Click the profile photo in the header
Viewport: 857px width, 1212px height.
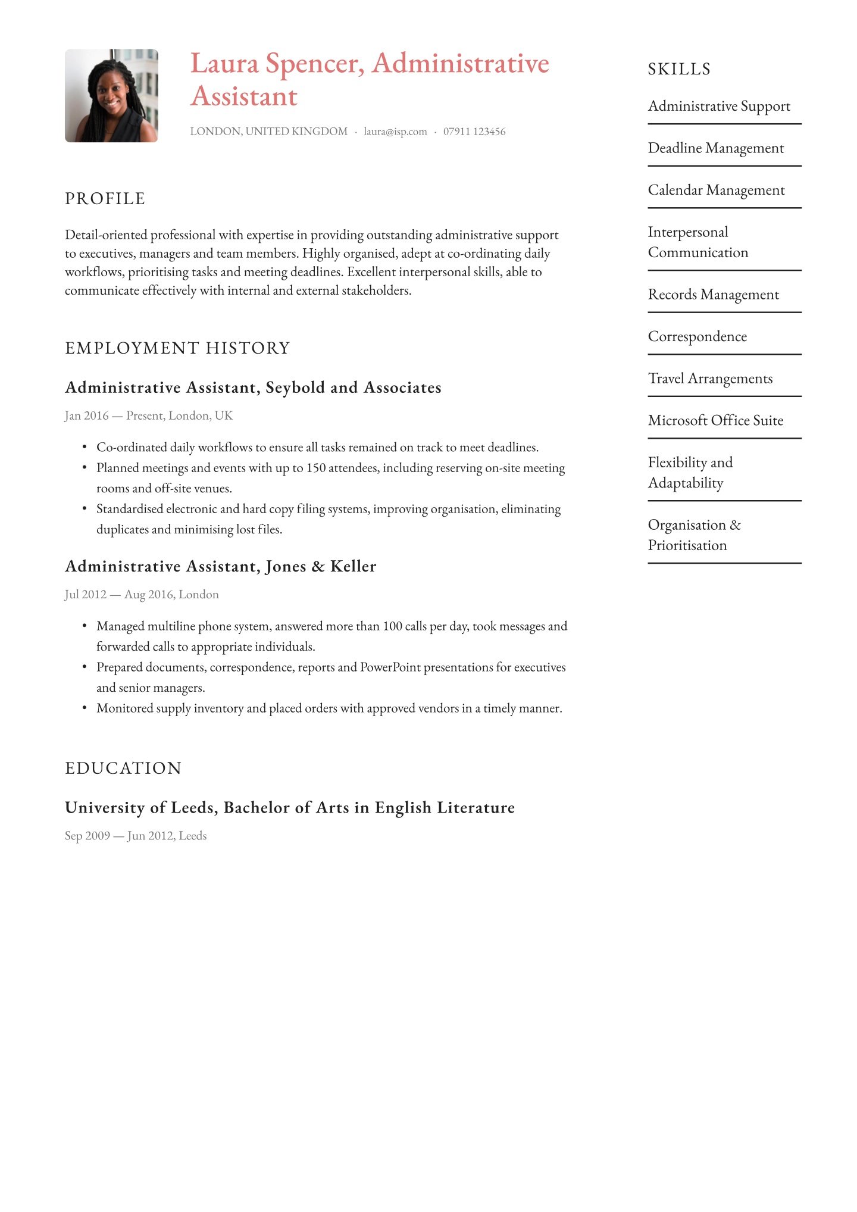point(111,96)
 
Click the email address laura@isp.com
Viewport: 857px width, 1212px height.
point(395,132)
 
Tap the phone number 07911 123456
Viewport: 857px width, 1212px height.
point(474,132)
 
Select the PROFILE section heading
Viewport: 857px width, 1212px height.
point(105,199)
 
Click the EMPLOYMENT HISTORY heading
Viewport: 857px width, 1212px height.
point(177,348)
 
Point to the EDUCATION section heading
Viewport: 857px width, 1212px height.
point(123,769)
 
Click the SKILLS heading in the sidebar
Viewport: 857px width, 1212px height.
point(679,70)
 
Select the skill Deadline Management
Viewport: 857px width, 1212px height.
point(715,148)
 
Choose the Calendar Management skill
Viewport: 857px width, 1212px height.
point(716,190)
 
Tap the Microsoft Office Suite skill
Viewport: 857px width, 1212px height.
point(715,421)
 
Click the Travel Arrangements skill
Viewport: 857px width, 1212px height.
point(710,379)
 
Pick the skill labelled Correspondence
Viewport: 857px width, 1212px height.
point(697,337)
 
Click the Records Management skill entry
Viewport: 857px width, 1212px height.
point(713,295)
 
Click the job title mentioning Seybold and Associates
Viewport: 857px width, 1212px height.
point(253,388)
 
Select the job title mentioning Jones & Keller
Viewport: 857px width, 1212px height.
point(220,567)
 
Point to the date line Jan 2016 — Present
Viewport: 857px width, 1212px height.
point(149,416)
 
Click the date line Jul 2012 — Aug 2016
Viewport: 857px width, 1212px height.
point(142,595)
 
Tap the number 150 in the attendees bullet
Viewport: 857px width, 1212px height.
point(315,468)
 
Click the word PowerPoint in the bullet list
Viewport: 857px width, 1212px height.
point(390,667)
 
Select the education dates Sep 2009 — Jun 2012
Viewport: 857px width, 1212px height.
point(136,836)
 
